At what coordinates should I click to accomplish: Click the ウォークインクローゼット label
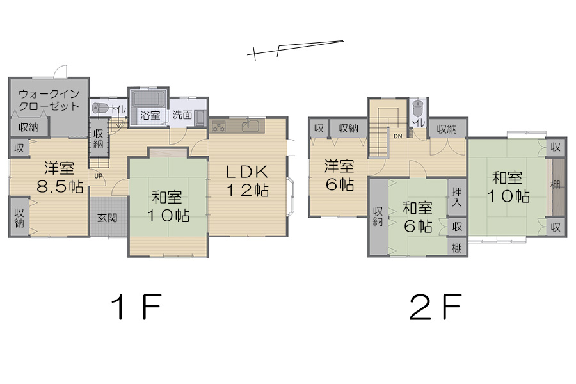click(x=49, y=99)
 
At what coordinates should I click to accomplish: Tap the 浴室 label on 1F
click(x=150, y=116)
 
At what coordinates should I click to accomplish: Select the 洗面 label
click(x=182, y=116)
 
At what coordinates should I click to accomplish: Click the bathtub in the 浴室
click(x=148, y=100)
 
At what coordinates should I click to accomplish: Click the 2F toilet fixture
click(x=418, y=108)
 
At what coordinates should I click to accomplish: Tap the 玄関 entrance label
click(x=108, y=217)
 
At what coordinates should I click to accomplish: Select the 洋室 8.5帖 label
click(x=59, y=178)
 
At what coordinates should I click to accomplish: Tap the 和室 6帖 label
click(x=417, y=217)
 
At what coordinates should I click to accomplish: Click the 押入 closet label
click(x=456, y=197)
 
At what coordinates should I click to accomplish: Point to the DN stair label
click(x=397, y=136)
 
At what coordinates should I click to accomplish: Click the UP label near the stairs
click(x=98, y=175)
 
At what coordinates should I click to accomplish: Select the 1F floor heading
click(x=138, y=309)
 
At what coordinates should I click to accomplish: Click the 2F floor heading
click(x=435, y=309)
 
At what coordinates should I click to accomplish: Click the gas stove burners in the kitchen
click(x=220, y=127)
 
